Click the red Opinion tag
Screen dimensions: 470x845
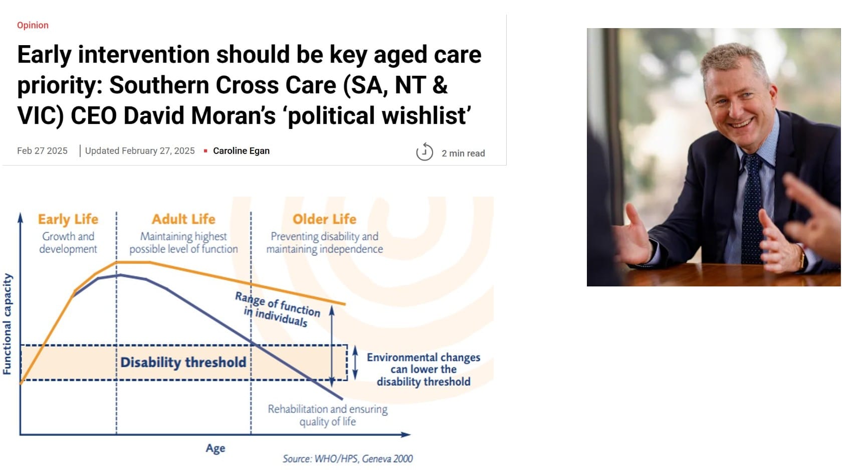[x=33, y=25]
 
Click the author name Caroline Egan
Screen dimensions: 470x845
[x=241, y=150]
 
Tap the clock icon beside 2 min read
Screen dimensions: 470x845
[x=424, y=151]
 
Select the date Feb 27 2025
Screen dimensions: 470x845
[x=42, y=150]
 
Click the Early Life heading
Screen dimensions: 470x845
[x=68, y=219]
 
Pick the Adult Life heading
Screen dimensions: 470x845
[x=183, y=219]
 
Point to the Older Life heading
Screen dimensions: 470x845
[x=324, y=219]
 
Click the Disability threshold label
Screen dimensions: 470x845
[x=183, y=362]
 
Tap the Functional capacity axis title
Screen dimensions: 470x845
[x=7, y=324]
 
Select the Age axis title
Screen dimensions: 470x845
[x=215, y=448]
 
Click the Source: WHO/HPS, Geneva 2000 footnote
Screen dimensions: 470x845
[x=347, y=458]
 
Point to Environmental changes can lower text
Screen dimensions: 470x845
[x=423, y=369]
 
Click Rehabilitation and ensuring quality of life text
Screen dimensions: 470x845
[x=327, y=415]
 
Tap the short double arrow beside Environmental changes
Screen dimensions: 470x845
[x=355, y=362]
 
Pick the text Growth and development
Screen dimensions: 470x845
[x=68, y=242]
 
